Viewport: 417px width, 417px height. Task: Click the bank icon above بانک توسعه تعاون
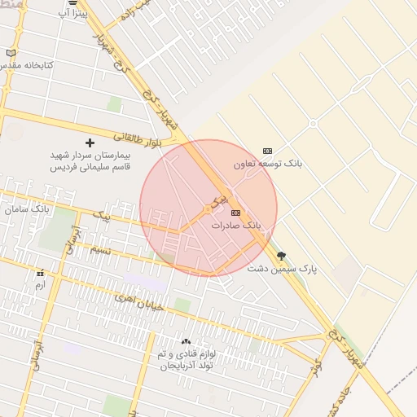coord(268,151)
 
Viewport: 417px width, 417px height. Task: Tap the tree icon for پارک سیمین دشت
coord(282,256)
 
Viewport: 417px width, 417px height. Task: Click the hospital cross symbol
coord(90,143)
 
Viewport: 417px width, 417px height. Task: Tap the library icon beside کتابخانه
coord(11,53)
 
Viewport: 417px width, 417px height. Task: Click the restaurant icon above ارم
coord(40,274)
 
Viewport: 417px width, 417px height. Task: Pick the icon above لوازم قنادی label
coord(186,342)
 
